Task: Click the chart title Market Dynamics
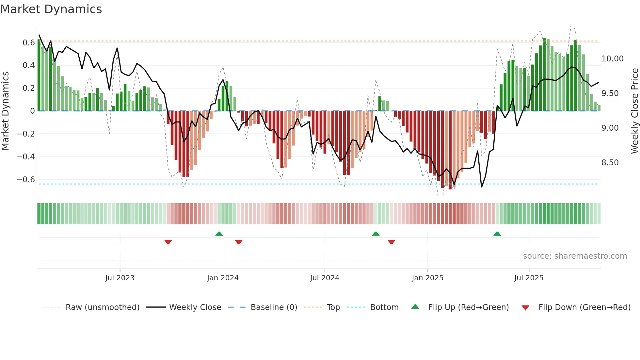tap(51, 9)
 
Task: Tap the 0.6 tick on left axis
tap(29, 43)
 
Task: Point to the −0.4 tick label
tap(26, 157)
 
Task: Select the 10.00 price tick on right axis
tap(612, 59)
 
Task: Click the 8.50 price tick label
tap(610, 163)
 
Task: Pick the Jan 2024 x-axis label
tap(223, 278)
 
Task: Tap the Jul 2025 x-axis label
tap(529, 278)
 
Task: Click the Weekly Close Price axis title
tap(634, 111)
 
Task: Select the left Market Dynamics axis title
tap(5, 111)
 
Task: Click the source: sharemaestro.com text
tap(575, 256)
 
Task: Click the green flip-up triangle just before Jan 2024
tap(219, 234)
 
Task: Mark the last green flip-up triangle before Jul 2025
tap(497, 234)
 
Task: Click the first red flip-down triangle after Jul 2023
tap(168, 242)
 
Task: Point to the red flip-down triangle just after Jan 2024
tap(239, 242)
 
